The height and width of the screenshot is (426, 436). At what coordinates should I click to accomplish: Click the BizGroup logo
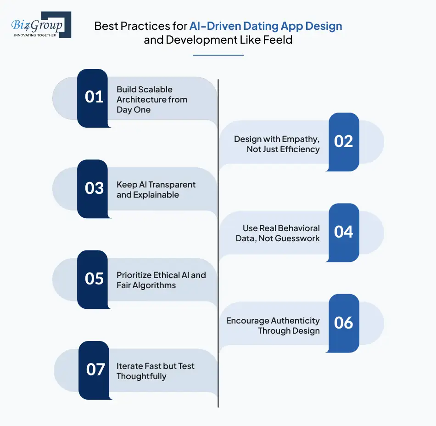[x=41, y=24]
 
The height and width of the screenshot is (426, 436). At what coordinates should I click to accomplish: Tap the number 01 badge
[x=94, y=97]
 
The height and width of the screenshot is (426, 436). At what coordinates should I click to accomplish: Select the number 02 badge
[x=343, y=142]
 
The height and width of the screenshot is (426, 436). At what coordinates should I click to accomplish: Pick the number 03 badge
[x=94, y=188]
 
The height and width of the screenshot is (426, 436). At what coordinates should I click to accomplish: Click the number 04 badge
[x=343, y=233]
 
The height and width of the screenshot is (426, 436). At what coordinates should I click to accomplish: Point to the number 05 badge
[x=94, y=279]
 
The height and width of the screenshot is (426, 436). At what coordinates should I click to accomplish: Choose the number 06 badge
[x=343, y=323]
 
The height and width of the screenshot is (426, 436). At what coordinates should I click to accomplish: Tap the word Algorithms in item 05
[x=155, y=285]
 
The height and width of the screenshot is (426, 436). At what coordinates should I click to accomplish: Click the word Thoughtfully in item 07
[x=141, y=376]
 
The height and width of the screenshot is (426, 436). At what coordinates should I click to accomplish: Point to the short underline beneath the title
[x=218, y=55]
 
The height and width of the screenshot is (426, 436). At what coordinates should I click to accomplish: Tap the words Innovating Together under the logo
[x=35, y=35]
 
